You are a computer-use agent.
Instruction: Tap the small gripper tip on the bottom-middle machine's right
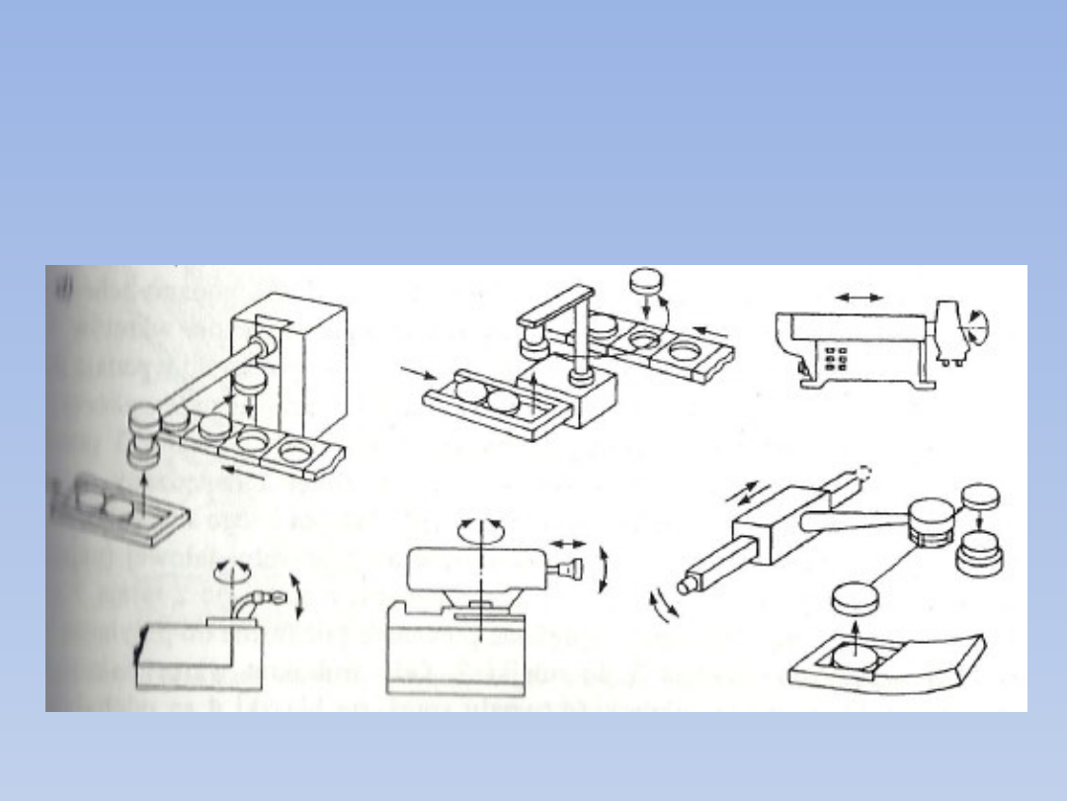click(x=572, y=571)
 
